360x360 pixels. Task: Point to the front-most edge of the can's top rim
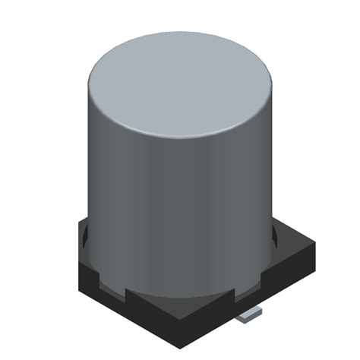180,141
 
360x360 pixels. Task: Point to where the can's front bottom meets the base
180,295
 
